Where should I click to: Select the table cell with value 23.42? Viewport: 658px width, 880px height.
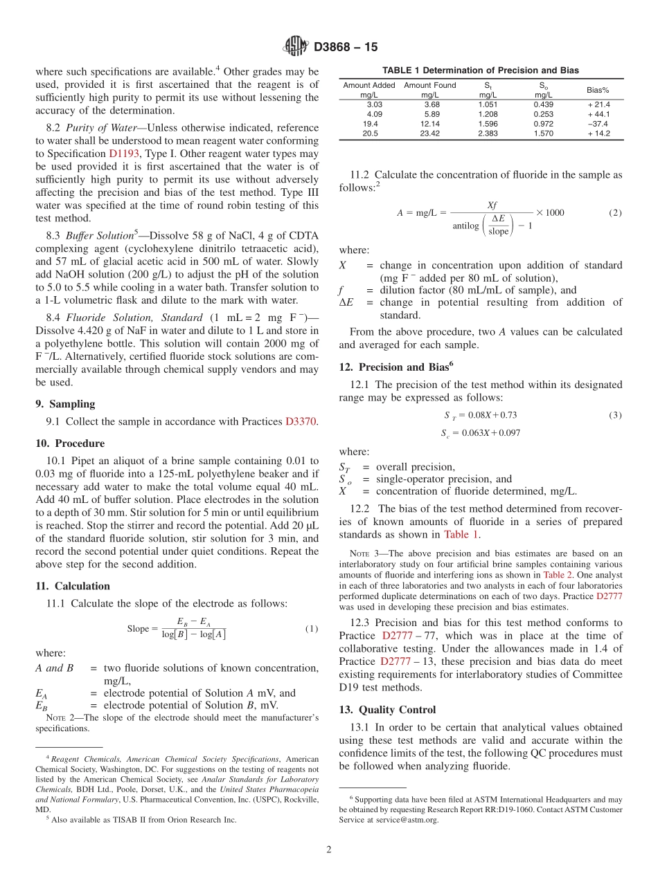pyautogui.click(x=429, y=134)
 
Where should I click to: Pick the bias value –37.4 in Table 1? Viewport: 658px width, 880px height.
pyautogui.click(x=598, y=124)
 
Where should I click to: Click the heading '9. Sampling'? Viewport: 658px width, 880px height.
pyautogui.click(x=65, y=404)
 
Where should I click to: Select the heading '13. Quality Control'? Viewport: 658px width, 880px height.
pyautogui.click(x=387, y=710)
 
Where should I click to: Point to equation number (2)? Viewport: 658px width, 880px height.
pyautogui.click(x=615, y=212)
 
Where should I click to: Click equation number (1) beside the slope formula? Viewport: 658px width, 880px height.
pyautogui.click(x=312, y=628)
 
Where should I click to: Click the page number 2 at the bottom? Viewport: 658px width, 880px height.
pyautogui.click(x=329, y=850)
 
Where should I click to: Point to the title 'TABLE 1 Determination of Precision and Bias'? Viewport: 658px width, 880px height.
pyautogui.click(x=481, y=71)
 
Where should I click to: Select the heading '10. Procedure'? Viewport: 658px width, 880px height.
pyautogui.click(x=70, y=443)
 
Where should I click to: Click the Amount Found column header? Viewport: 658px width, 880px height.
pyautogui.click(x=429, y=90)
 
